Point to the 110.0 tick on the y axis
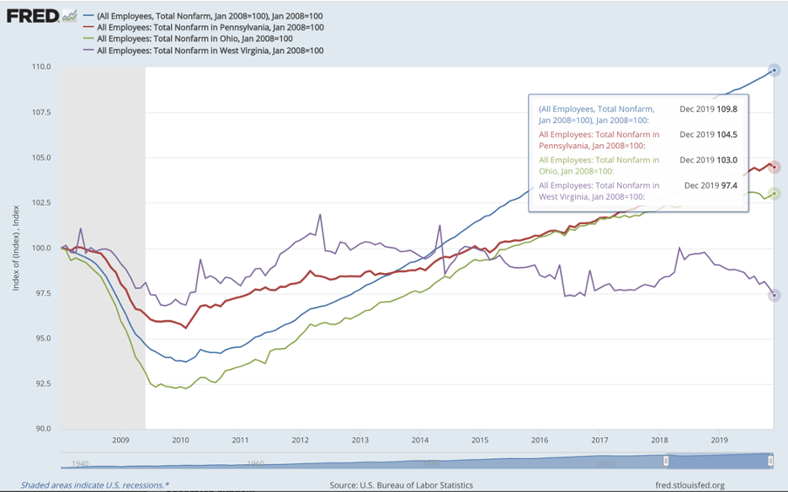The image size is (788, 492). point(42,67)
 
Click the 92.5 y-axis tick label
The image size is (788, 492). point(42,383)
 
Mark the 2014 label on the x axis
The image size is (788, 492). point(420,440)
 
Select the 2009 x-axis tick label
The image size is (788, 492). point(120,440)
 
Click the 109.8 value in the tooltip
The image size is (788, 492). point(727,110)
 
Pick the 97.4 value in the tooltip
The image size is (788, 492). point(729,185)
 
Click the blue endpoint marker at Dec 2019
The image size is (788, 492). point(775,71)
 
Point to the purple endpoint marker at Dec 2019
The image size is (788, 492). point(775,296)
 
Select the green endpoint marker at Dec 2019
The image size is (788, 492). point(775,194)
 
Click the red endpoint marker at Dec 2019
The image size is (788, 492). point(775,167)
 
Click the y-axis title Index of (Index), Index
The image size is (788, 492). point(16,248)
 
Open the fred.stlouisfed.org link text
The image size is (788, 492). point(690,485)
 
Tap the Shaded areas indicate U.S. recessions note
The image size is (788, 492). point(95,485)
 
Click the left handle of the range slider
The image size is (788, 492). point(667,461)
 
